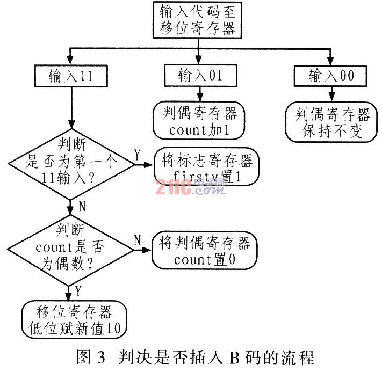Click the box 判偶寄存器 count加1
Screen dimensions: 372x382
pos(199,121)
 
